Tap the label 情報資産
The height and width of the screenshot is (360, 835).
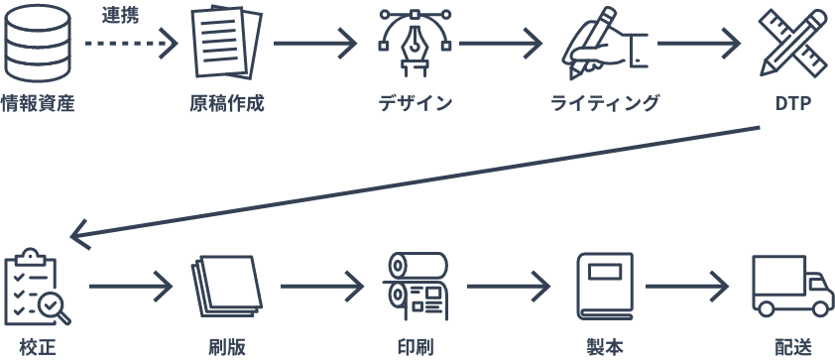point(38,102)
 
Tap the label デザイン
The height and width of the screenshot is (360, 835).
point(415,102)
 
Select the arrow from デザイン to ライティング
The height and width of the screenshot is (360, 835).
point(501,44)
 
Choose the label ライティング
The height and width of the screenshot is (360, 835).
point(604,102)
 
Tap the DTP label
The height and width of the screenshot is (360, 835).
point(793,102)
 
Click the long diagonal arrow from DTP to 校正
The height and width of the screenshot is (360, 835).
point(417,183)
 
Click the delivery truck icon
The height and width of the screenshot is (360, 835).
point(791,288)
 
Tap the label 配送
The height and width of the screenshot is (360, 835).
point(792,347)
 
